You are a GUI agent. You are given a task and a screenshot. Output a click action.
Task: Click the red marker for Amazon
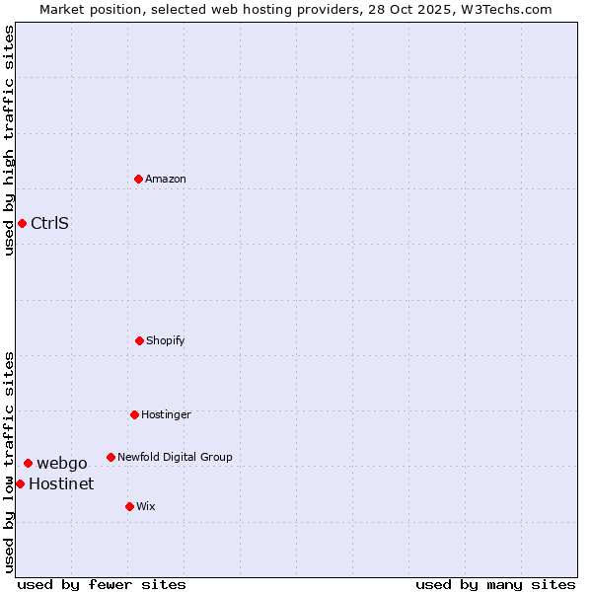[x=138, y=179]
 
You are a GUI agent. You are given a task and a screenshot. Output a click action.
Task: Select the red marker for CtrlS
[x=22, y=223]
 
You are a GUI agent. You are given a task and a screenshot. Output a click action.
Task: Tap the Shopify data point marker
[x=139, y=340]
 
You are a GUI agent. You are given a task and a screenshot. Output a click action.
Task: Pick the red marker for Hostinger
[x=134, y=414]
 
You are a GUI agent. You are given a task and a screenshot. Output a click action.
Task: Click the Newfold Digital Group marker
[x=111, y=457]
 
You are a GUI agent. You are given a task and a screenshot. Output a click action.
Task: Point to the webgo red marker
[x=28, y=463]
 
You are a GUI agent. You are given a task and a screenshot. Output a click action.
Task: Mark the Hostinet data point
[x=20, y=483]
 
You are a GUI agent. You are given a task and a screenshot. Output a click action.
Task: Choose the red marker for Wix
[x=129, y=506]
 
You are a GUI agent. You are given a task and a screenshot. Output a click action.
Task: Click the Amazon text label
[x=166, y=179]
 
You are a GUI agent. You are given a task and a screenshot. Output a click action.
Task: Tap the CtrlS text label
[x=50, y=223]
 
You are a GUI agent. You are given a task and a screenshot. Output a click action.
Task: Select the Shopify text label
[x=166, y=340]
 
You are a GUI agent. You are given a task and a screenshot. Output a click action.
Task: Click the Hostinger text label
[x=166, y=414]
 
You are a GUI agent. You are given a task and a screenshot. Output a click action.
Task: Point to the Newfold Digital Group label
[x=175, y=457]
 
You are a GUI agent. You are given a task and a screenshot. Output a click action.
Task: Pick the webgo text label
[x=62, y=463]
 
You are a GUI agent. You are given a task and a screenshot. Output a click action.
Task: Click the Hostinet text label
[x=61, y=483]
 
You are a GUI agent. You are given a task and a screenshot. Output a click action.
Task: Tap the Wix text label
[x=146, y=506]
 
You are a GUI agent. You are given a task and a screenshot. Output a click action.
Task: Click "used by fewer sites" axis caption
[x=102, y=584]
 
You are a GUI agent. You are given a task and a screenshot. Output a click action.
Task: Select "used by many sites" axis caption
[x=495, y=584]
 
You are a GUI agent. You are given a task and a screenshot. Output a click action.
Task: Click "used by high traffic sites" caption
[x=9, y=141]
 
